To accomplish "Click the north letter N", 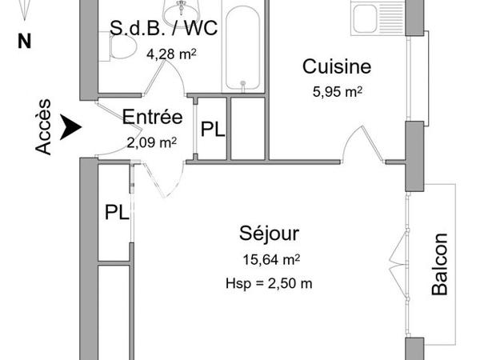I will (24, 42).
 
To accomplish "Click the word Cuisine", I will (336, 68).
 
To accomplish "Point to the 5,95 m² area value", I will (338, 91).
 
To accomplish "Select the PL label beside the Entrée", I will (212, 130).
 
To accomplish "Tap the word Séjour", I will (270, 234).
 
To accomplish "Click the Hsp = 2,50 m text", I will (270, 284).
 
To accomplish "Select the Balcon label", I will (439, 264).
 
